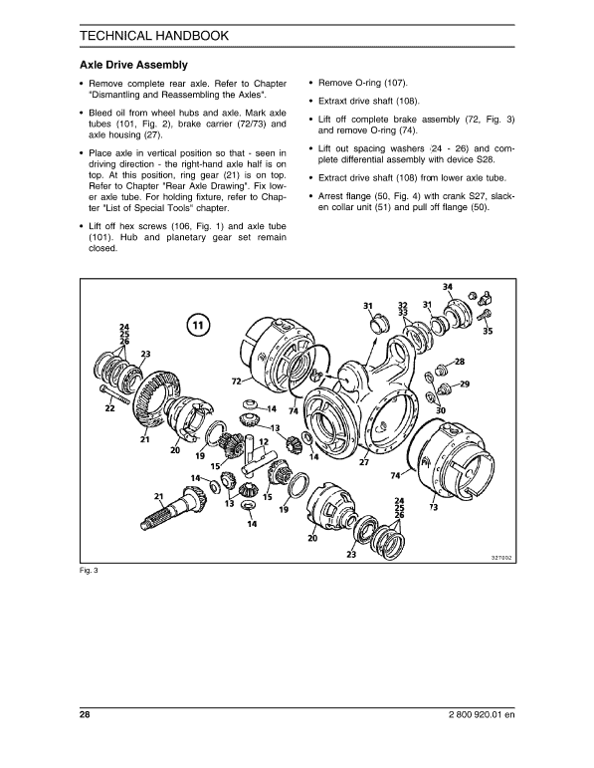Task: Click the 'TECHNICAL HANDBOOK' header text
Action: click(x=152, y=36)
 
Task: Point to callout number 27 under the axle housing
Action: click(x=364, y=462)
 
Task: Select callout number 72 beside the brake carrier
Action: click(x=237, y=382)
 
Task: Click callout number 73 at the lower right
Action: click(x=434, y=507)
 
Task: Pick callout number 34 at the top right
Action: click(x=448, y=287)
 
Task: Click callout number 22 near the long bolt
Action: click(x=109, y=408)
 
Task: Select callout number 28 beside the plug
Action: click(x=459, y=361)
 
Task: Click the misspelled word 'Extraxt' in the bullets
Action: click(x=336, y=102)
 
